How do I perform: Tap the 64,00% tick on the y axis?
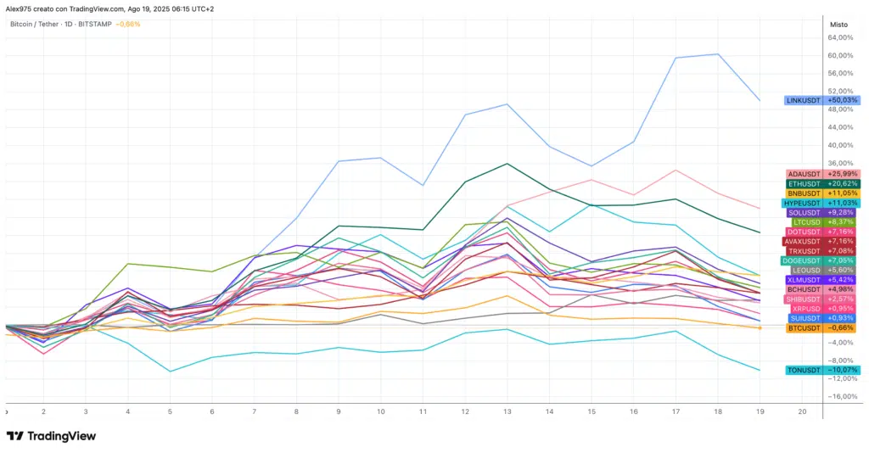tap(839, 37)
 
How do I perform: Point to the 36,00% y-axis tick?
tap(839, 163)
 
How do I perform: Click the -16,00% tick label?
tap(839, 396)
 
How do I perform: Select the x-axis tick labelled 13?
tap(507, 411)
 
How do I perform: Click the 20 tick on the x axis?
tap(802, 411)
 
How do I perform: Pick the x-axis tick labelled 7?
tap(254, 411)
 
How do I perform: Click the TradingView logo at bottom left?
tap(51, 436)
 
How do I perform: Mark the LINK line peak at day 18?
tap(718, 54)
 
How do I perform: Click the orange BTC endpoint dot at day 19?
tap(760, 327)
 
